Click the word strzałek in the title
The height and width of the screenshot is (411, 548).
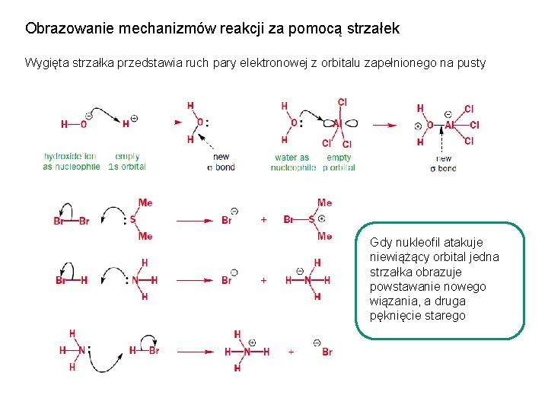click(x=371, y=29)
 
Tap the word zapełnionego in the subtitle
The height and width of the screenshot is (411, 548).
click(x=400, y=63)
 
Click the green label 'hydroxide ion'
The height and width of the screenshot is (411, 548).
click(x=69, y=157)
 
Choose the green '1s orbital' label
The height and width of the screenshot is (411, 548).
click(x=126, y=167)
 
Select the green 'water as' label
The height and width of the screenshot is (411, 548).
click(x=292, y=158)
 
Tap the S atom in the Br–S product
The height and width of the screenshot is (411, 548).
click(x=311, y=220)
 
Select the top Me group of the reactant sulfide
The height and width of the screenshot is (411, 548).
click(x=145, y=203)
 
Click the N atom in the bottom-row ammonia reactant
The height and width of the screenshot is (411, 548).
click(x=82, y=350)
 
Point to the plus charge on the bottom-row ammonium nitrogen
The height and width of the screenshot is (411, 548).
click(x=251, y=342)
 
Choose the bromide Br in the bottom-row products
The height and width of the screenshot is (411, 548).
click(x=327, y=352)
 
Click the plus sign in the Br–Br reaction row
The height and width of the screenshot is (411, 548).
click(x=263, y=220)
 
